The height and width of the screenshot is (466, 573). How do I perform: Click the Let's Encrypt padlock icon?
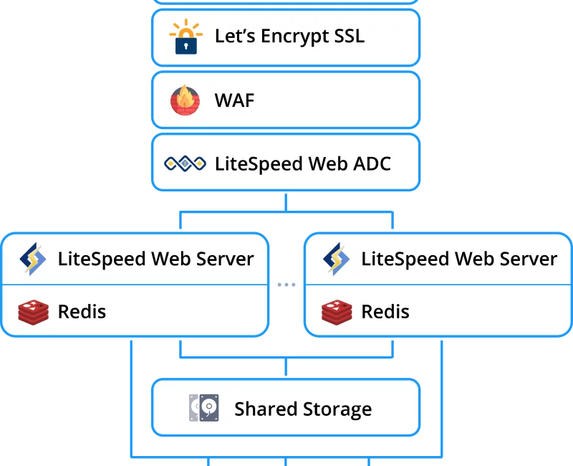[185, 37]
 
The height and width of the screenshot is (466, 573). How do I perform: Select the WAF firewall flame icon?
[185, 100]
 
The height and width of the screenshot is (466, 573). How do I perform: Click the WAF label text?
[234, 100]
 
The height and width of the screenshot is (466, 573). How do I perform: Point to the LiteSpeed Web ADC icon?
[185, 163]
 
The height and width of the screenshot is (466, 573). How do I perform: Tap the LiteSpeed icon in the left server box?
[33, 259]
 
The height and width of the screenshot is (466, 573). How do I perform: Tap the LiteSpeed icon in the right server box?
[336, 259]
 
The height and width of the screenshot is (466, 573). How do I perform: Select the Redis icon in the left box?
[33, 312]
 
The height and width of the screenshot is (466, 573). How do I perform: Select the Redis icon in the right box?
[336, 312]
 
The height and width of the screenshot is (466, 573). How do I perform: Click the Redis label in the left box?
[82, 312]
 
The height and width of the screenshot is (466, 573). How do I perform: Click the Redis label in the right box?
[385, 312]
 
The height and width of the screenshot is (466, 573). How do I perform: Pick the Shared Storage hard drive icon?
[203, 409]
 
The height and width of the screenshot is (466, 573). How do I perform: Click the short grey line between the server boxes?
[286, 284]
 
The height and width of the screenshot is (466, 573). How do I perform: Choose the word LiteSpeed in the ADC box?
[259, 163]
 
